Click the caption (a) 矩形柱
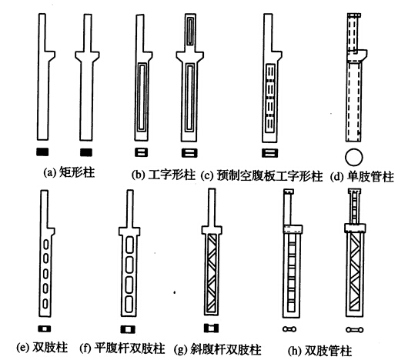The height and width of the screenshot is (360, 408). click(69, 172)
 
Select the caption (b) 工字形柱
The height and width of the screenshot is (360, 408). click(163, 175)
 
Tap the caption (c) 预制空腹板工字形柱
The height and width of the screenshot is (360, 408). click(262, 176)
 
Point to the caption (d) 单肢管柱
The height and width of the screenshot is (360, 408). click(362, 177)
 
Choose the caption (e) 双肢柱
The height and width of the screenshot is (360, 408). click(42, 348)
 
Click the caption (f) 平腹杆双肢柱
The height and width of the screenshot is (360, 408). click(122, 348)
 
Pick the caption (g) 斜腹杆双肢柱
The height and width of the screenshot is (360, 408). click(218, 349)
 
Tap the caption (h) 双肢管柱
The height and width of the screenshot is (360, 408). click(319, 351)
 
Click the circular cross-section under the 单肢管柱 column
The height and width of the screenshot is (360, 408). click(353, 157)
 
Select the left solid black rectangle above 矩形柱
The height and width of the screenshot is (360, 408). click(42, 152)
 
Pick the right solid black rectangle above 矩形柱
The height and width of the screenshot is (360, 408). click(86, 152)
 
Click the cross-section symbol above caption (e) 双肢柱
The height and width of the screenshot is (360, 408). click(45, 328)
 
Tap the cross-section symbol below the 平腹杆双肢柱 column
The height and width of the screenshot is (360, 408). click(128, 329)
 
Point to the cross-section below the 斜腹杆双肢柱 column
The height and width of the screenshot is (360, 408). click(211, 328)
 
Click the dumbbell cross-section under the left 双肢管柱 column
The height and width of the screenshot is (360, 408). click(289, 329)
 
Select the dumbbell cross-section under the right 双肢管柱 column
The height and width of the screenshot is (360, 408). click(355, 330)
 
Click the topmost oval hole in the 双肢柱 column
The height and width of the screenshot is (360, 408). click(45, 245)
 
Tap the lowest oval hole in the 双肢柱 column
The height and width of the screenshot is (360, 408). click(45, 303)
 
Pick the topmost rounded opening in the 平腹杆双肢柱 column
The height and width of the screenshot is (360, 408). click(129, 245)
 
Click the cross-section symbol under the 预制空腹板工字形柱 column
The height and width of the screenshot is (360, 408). click(270, 153)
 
